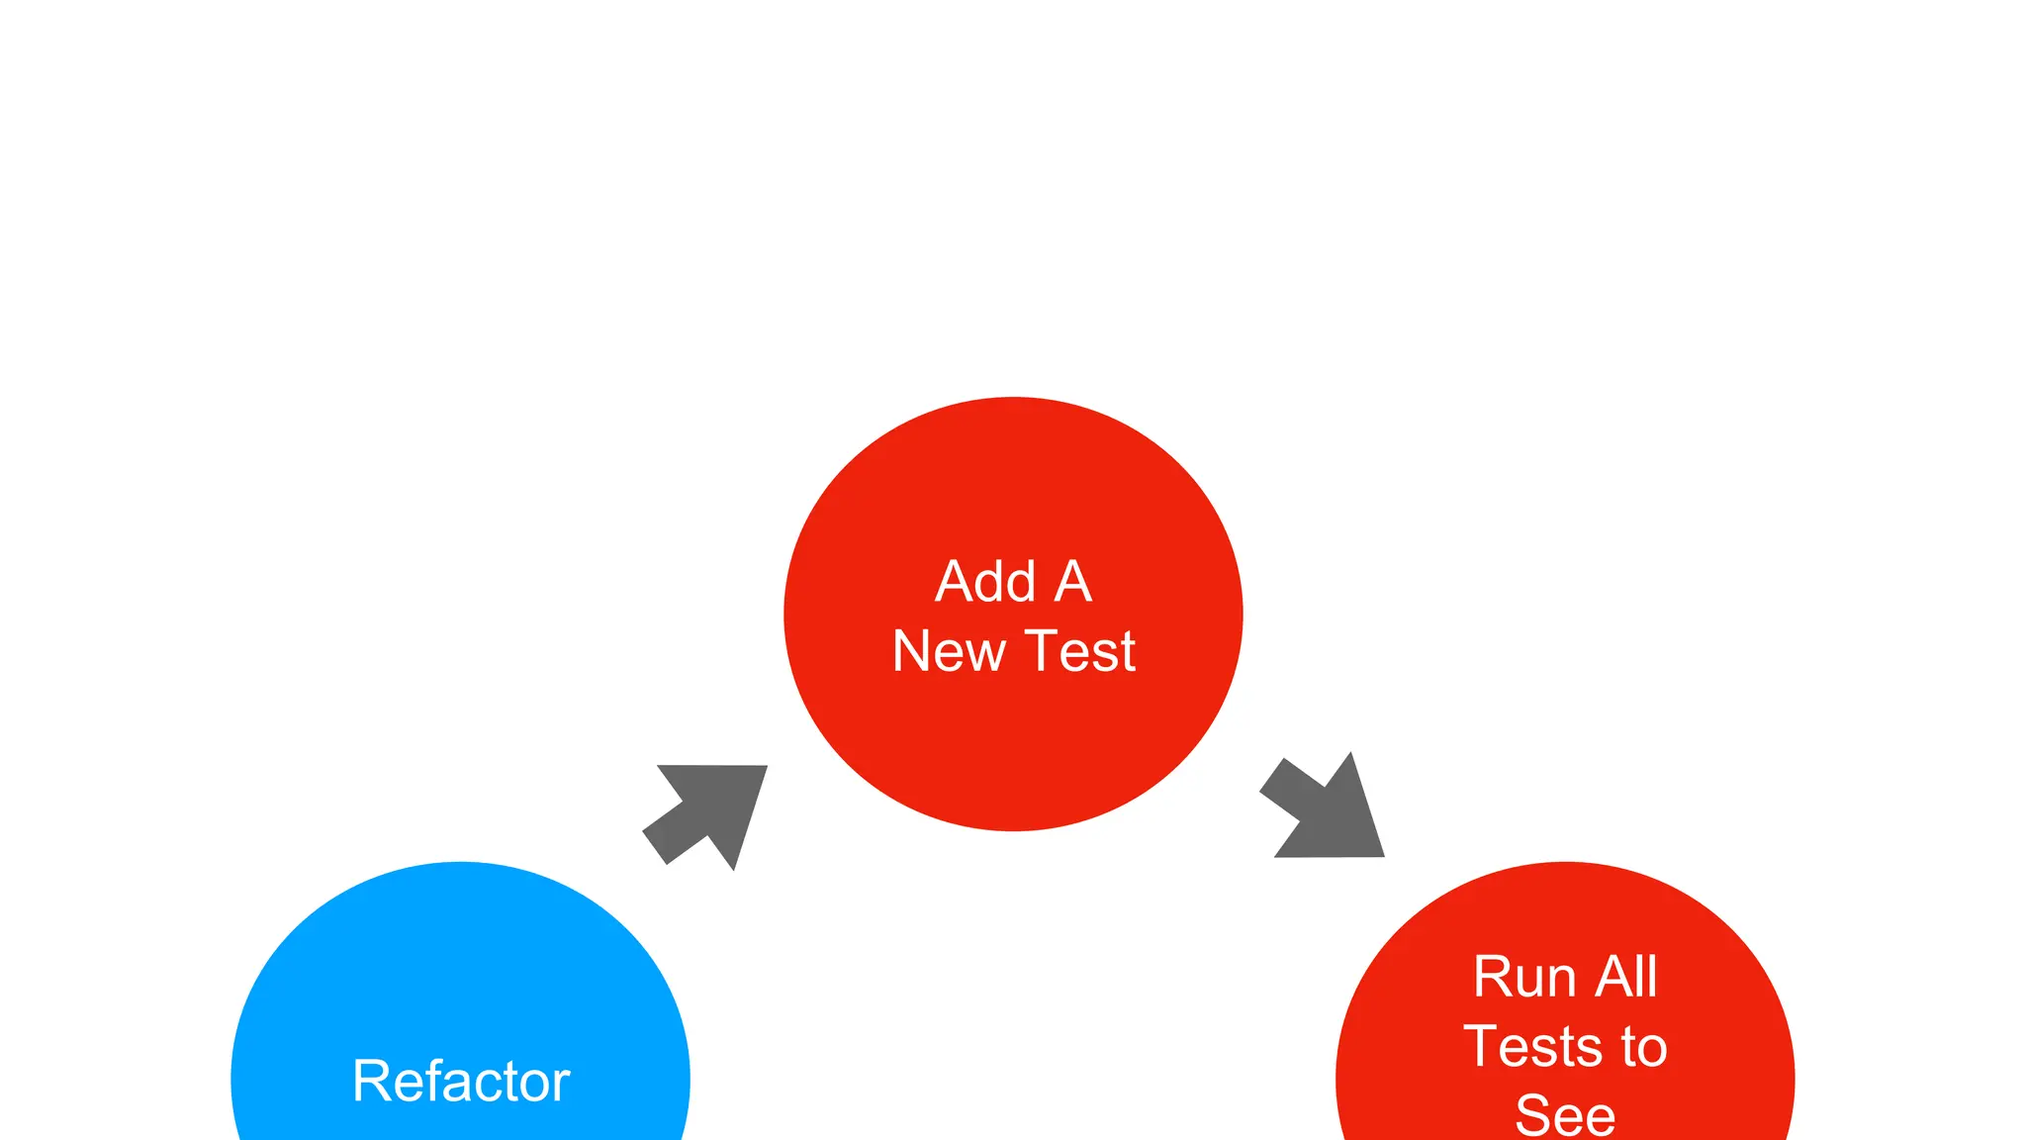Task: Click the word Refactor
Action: (461, 1081)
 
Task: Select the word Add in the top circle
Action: (985, 581)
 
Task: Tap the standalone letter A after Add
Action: (1073, 581)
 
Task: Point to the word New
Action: (949, 651)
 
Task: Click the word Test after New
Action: (1080, 651)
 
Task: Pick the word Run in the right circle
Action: (1523, 977)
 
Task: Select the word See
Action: (1565, 1115)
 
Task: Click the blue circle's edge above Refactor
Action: (461, 867)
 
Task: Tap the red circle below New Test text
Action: (1013, 752)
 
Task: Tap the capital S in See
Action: (1534, 1115)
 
